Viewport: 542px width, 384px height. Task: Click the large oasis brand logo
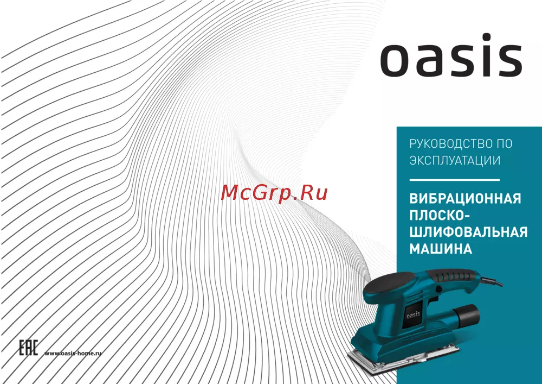[x=451, y=55]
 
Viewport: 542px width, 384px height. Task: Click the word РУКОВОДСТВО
[x=450, y=144]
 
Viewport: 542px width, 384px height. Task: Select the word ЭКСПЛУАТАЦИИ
[x=455, y=160]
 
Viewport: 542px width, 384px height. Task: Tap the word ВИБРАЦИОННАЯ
[x=465, y=199]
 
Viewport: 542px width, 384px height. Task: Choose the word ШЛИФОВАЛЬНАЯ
[x=468, y=232]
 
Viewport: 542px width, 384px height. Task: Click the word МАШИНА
[x=441, y=249]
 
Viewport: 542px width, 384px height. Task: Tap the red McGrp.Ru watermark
[x=274, y=192]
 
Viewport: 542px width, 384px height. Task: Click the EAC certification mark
[x=28, y=348]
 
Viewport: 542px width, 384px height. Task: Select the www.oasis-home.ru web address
[x=73, y=353]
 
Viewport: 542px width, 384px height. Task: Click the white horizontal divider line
[x=455, y=180]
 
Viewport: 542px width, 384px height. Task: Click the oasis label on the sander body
[x=413, y=314]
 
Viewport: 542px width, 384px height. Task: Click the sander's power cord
[x=491, y=281]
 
